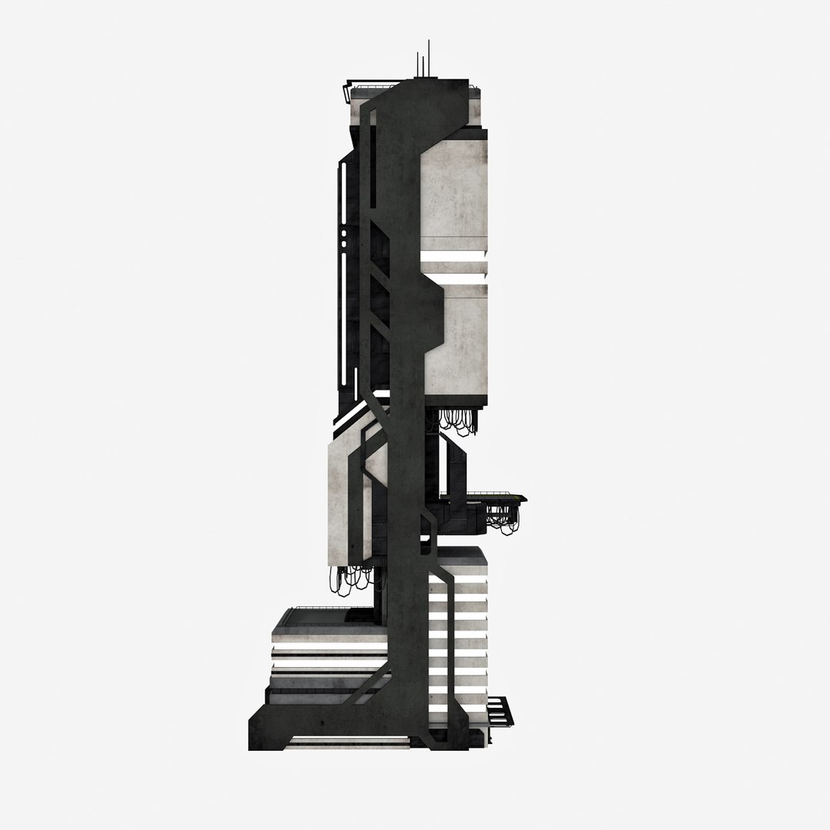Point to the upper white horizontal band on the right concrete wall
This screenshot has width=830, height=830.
[453, 256]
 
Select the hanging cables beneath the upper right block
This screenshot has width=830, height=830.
[459, 421]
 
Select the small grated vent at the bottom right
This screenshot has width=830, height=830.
[499, 711]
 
